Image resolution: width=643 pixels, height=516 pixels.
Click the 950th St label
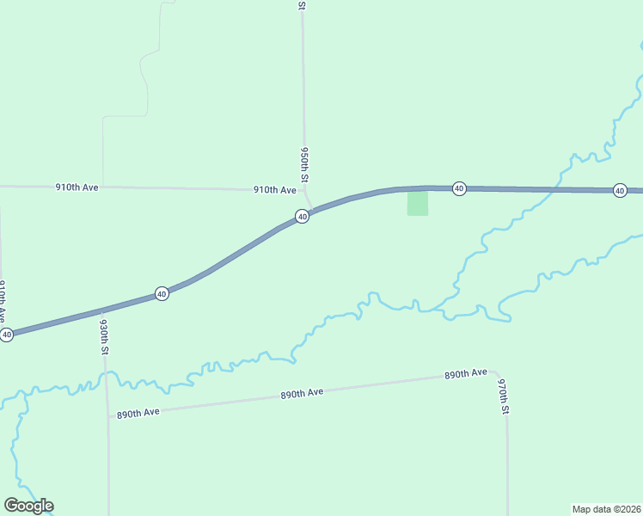click(x=304, y=163)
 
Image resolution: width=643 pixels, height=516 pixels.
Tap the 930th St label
click(x=103, y=337)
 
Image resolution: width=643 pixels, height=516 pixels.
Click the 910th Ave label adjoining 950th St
click(x=274, y=190)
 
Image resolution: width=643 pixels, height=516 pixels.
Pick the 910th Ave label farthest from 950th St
click(x=77, y=187)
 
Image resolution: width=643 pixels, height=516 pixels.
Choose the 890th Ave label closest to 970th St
click(x=466, y=374)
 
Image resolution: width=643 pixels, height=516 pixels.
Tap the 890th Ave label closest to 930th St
click(x=138, y=413)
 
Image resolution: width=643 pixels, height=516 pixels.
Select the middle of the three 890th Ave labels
click(x=302, y=393)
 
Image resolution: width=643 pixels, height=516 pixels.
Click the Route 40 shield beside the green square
click(x=459, y=188)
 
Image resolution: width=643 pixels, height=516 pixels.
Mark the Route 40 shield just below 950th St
click(x=302, y=217)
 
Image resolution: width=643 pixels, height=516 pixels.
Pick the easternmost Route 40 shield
click(x=620, y=190)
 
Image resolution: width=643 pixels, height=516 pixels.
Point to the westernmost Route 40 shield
click(x=7, y=335)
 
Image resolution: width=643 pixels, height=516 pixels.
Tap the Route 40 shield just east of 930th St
click(x=162, y=294)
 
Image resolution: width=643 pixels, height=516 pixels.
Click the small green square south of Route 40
click(x=418, y=204)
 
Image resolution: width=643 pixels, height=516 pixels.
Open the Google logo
click(x=28, y=506)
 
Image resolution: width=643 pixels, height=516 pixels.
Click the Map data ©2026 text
click(x=606, y=508)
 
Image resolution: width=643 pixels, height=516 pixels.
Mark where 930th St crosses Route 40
click(x=103, y=310)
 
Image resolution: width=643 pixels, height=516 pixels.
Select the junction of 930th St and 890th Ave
click(x=107, y=416)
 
